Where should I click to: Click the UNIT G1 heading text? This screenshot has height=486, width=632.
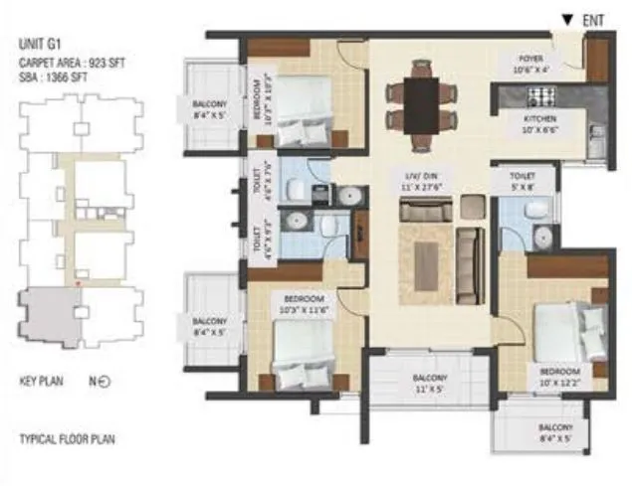tap(41, 44)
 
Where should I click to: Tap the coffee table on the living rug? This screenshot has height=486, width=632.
tap(426, 266)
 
